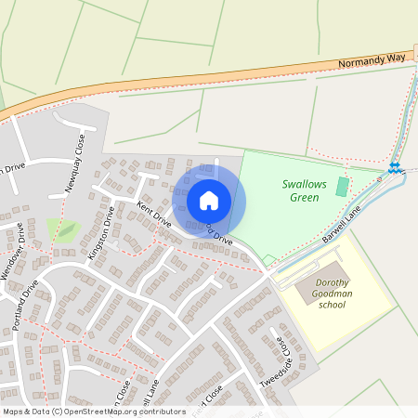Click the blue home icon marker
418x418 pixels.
click(x=209, y=200)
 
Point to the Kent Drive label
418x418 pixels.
click(x=154, y=214)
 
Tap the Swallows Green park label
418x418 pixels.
click(x=305, y=190)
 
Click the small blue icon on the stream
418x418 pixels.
click(x=395, y=168)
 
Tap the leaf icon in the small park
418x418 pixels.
click(x=66, y=229)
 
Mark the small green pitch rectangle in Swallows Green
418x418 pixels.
click(x=342, y=187)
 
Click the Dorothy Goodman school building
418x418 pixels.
click(x=308, y=292)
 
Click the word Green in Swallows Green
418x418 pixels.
click(x=305, y=197)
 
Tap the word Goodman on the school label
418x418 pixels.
click(x=337, y=291)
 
